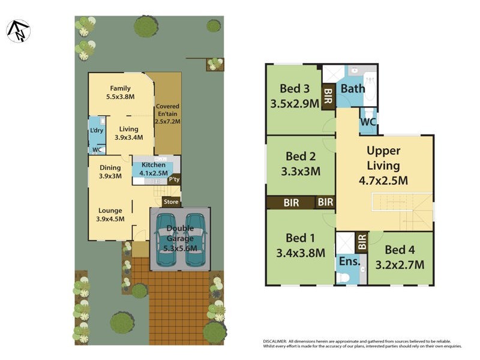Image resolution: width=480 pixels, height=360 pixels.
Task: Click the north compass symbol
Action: pyautogui.click(x=18, y=31)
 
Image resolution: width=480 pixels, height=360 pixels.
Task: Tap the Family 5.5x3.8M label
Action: pyautogui.click(x=120, y=92)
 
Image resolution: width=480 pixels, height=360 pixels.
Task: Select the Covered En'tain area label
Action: pyautogui.click(x=168, y=113)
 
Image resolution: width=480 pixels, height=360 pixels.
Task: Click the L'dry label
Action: pyautogui.click(x=97, y=130)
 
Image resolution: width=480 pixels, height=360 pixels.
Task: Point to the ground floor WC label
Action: pyautogui.click(x=97, y=150)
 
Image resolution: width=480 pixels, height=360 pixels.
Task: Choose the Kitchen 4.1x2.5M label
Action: pyautogui.click(x=153, y=169)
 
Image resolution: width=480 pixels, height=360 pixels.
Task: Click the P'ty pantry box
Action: pyautogui.click(x=174, y=179)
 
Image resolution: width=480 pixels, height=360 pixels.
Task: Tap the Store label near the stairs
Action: pyautogui.click(x=172, y=202)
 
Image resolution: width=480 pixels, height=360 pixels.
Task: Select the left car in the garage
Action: pyautogui.click(x=166, y=240)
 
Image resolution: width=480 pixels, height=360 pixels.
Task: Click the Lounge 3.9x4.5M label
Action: pyautogui.click(x=110, y=214)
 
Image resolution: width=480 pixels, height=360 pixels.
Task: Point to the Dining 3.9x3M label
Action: pyautogui.click(x=110, y=172)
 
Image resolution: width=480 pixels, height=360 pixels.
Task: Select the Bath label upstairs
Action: pyautogui.click(x=353, y=89)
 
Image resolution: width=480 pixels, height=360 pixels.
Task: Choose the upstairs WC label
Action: pyautogui.click(x=368, y=121)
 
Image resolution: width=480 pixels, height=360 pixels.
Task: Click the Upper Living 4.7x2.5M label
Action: pyautogui.click(x=383, y=165)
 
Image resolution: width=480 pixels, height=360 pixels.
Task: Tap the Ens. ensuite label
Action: pyautogui.click(x=349, y=262)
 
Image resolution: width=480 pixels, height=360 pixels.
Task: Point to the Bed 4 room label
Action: pyautogui.click(x=400, y=257)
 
